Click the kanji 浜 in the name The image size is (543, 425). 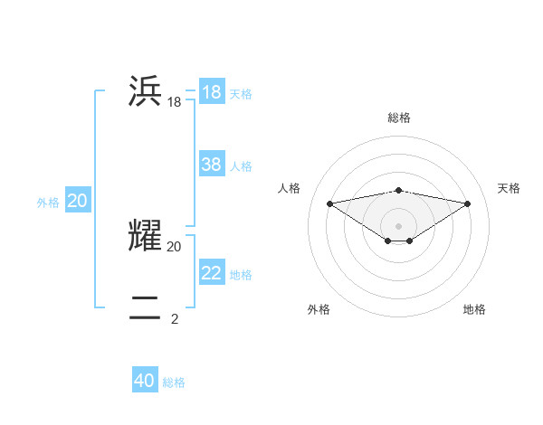146,92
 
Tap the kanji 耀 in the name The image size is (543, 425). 146,234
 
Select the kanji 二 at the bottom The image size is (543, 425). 146,307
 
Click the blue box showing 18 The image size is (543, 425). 212,92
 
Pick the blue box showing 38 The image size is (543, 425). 212,165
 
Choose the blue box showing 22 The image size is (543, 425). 212,273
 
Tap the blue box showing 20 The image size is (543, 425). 77,201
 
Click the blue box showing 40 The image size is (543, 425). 145,381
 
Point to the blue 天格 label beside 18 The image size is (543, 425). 241,94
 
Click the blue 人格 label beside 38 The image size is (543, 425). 241,166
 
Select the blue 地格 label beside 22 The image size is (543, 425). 241,275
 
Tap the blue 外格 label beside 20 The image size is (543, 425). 48,203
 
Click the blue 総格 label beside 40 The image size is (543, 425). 174,382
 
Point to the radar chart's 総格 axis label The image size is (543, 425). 398,118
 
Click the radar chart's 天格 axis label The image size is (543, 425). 509,188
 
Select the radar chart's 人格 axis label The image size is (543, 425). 289,188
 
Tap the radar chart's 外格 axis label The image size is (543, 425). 319,309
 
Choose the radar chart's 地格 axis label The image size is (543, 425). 474,309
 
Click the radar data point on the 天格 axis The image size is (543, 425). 468,203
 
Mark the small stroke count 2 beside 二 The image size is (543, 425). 174,318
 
